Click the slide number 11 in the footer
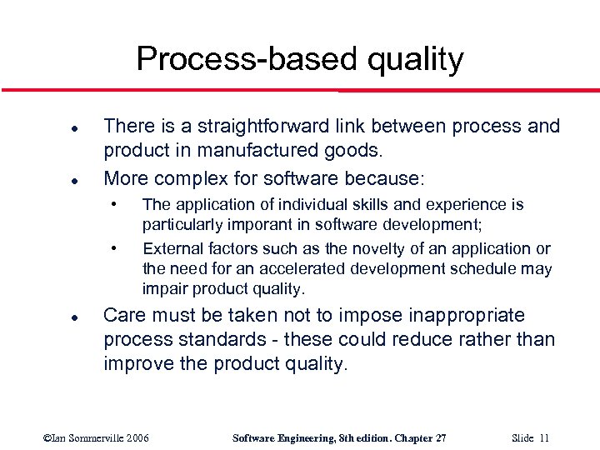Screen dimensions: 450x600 point(543,438)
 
